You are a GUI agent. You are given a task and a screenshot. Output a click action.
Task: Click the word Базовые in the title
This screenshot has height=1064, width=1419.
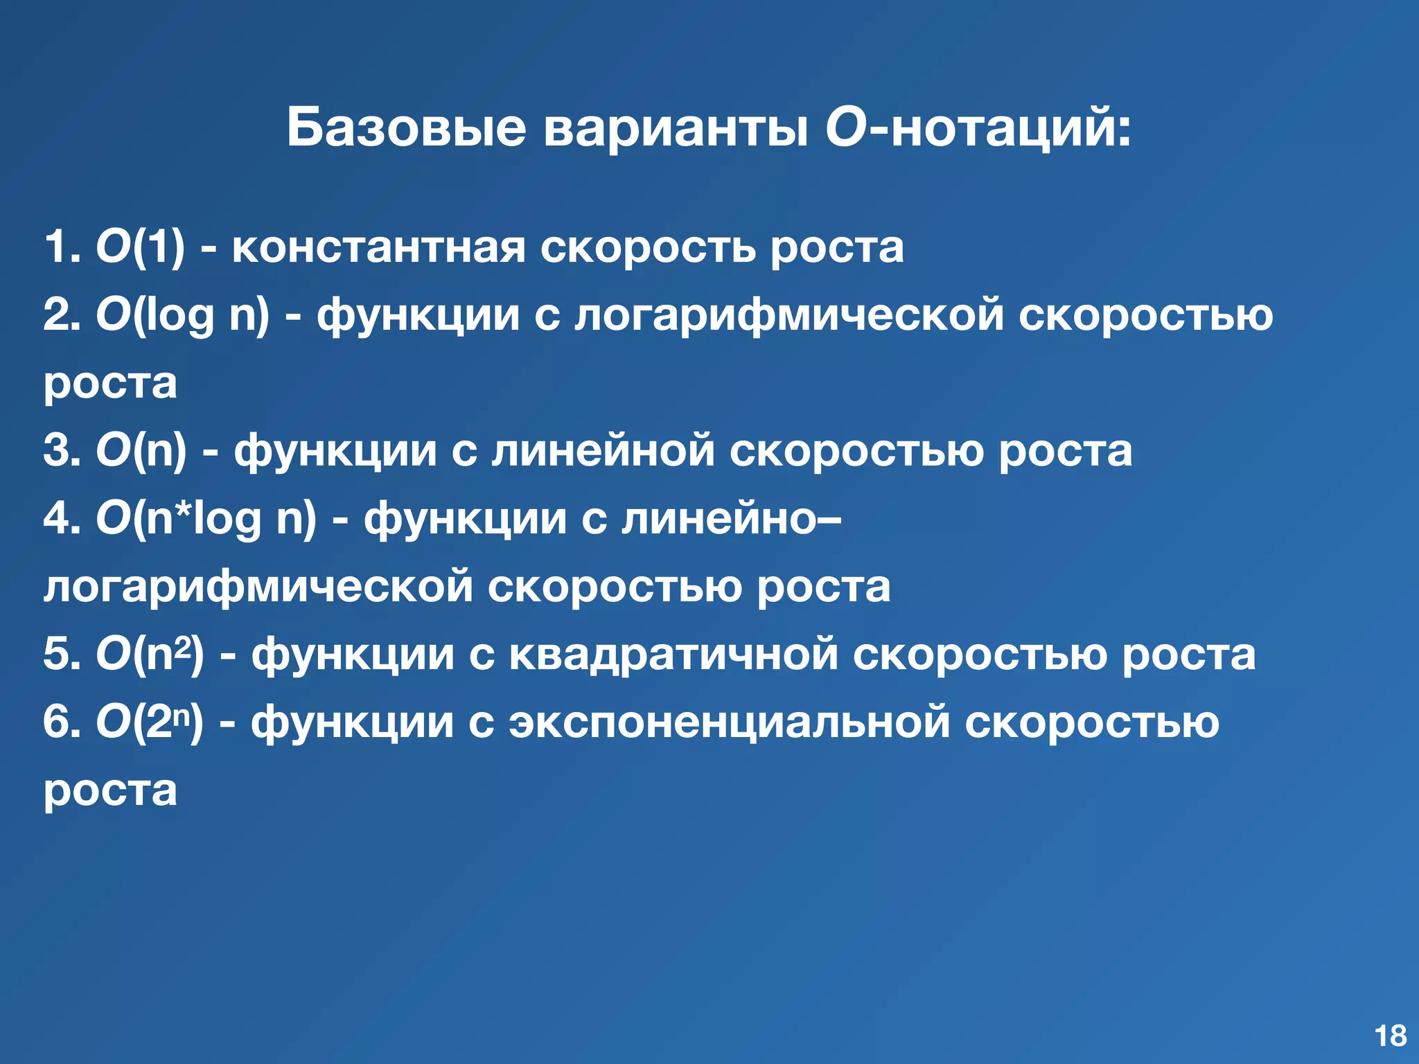pos(406,128)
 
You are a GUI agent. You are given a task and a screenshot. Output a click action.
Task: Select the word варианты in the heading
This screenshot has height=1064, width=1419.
pos(676,128)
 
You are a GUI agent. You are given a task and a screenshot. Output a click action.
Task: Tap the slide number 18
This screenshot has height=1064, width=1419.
pos(1390,1036)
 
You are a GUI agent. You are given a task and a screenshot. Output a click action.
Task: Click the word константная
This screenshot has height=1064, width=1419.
pos(378,247)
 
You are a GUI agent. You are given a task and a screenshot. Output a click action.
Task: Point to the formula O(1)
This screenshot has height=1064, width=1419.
pos(141,247)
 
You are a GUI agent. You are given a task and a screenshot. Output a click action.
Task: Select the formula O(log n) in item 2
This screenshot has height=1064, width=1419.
pos(182,316)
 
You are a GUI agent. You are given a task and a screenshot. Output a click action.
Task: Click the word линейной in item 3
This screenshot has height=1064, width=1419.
pos(603,451)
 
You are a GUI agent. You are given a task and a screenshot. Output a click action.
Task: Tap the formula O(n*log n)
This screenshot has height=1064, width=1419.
pos(206,519)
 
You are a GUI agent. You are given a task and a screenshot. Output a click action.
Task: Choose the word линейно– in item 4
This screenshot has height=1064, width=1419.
pos(731,519)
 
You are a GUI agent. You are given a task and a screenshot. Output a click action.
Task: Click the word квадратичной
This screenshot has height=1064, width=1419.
pos(673,655)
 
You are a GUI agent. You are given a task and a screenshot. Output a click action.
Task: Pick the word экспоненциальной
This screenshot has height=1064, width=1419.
pos(730,722)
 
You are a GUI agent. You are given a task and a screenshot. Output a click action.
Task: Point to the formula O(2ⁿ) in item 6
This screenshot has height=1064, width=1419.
pos(150,722)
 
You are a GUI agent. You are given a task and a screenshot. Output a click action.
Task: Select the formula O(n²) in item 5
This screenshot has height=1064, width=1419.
pos(150,655)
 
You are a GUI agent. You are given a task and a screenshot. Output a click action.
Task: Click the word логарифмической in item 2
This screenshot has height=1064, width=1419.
pos(788,316)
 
